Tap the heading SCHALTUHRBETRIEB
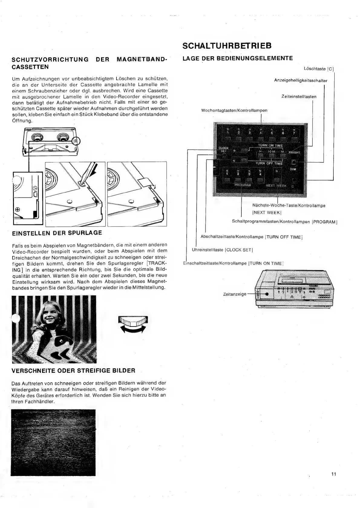point(227,46)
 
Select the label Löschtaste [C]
point(319,69)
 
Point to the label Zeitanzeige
point(234,294)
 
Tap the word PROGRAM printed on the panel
point(243,185)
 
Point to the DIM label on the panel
point(293,169)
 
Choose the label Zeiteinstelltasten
point(299,97)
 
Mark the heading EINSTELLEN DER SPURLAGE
point(57,233)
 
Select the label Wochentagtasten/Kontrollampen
point(234,110)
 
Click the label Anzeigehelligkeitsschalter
point(301,80)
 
